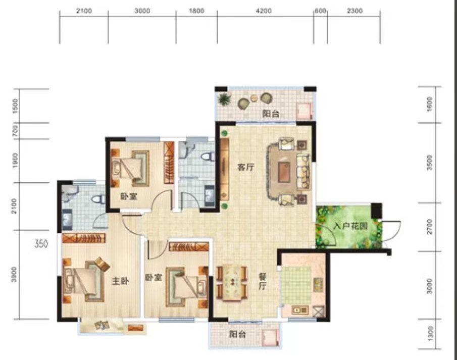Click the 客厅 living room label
pos(245,168)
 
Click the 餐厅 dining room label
pos(263,281)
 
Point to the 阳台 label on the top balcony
pos(271,114)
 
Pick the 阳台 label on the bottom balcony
pos(236,334)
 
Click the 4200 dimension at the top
pos(264,11)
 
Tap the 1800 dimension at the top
pos(196,11)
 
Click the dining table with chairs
pos(233,281)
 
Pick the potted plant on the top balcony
pos(223,99)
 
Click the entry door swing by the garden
pos(391,230)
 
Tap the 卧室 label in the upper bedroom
pos(127,196)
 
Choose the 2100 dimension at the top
pos(83,11)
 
